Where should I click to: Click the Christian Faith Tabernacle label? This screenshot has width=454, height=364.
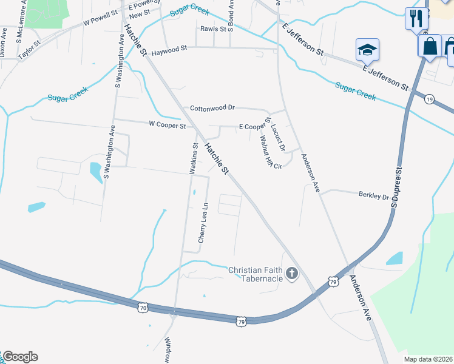256,274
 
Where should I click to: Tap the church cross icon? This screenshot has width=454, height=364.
292,274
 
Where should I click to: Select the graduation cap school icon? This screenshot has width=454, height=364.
367,50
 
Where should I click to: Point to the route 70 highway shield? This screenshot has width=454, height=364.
143,308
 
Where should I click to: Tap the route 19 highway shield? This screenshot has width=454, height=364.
429,99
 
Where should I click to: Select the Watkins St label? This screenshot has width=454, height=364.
195,159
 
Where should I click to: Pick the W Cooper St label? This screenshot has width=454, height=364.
167,126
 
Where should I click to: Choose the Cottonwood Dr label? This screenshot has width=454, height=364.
212,107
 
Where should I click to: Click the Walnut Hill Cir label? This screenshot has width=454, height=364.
268,152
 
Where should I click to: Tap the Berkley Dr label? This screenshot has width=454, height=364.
373,196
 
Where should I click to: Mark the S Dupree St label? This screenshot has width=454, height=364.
398,188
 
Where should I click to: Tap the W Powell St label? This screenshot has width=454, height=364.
100,21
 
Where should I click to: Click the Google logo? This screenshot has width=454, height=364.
19,357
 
